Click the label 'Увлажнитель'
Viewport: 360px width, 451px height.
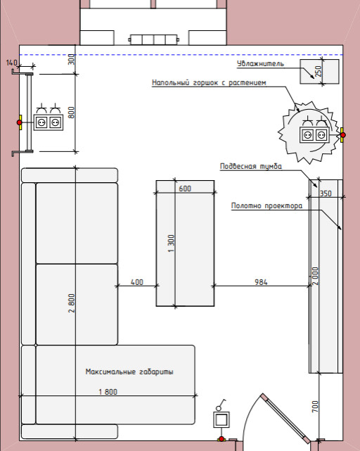click(260, 63)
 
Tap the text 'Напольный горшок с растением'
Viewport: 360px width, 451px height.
click(209, 83)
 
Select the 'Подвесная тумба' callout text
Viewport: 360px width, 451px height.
click(251, 166)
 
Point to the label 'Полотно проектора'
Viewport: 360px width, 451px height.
click(267, 205)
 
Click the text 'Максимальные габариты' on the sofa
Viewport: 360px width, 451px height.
click(129, 371)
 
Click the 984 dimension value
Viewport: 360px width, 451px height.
click(261, 282)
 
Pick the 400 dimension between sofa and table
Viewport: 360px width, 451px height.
click(137, 282)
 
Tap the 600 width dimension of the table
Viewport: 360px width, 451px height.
click(185, 189)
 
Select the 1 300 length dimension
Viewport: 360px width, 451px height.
click(171, 243)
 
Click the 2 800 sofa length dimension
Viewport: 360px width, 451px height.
click(72, 303)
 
